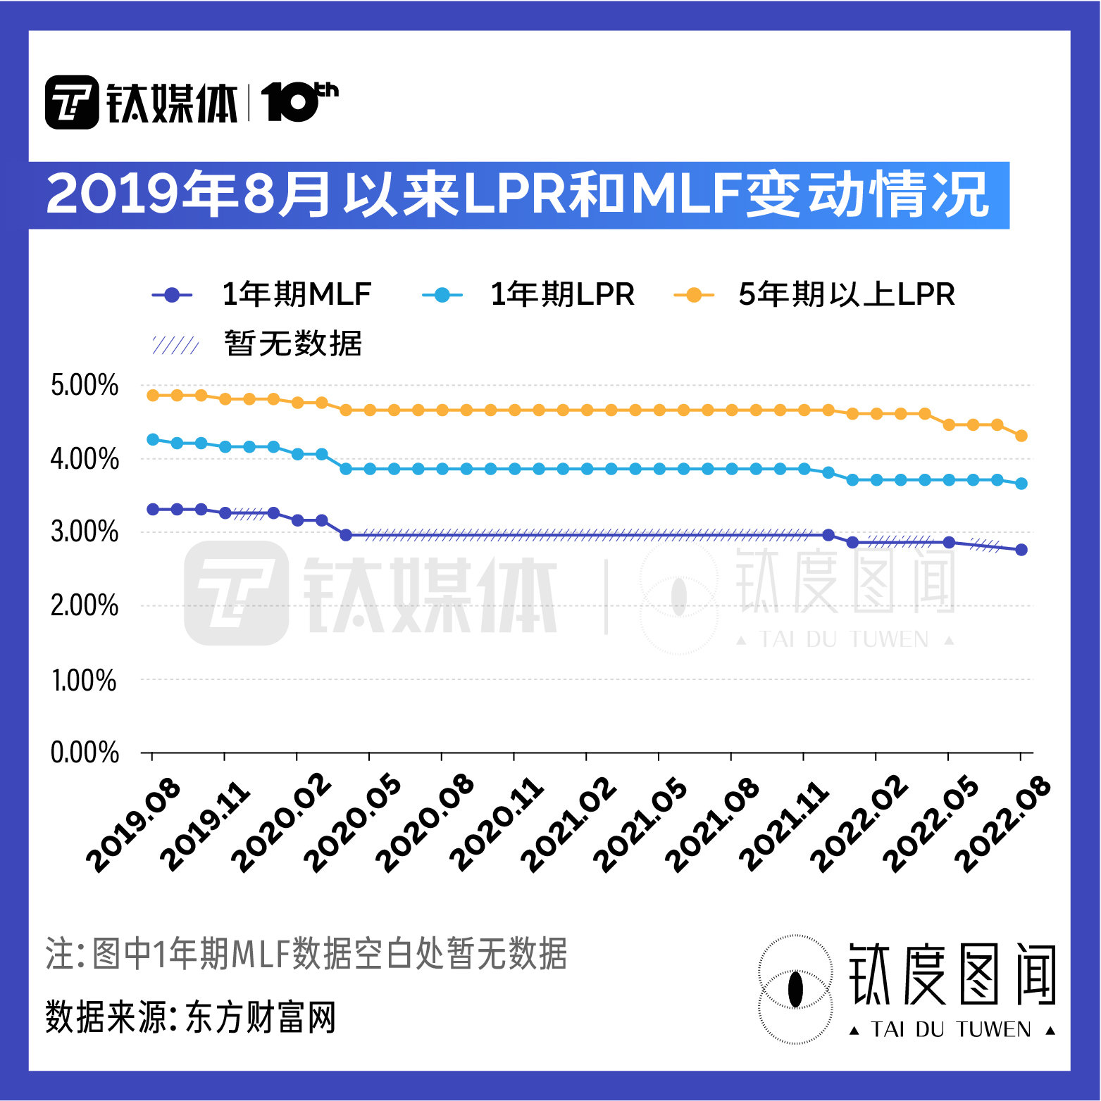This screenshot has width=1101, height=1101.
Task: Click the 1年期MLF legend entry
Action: tap(262, 295)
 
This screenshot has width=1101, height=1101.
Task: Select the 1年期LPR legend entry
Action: tap(528, 295)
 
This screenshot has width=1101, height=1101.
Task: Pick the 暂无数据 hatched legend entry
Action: tap(257, 344)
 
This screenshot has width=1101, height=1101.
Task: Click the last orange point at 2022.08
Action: tap(1021, 436)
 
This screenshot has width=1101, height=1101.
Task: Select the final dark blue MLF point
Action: tap(1021, 550)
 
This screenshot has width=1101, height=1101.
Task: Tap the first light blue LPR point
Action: tap(153, 439)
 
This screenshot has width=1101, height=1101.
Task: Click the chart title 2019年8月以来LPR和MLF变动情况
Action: tap(518, 195)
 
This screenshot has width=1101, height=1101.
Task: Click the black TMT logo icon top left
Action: tap(72, 103)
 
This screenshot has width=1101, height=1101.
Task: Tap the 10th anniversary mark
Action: tap(299, 102)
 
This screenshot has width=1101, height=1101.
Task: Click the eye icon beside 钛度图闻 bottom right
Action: tap(795, 989)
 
